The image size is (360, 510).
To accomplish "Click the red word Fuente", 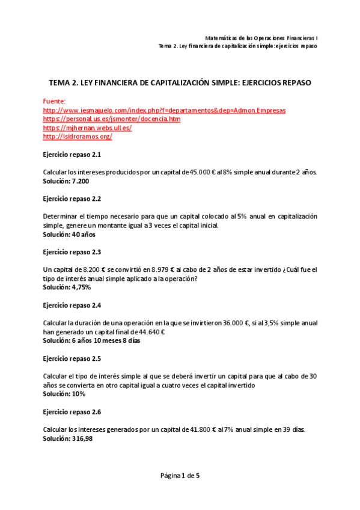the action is (x=55, y=102).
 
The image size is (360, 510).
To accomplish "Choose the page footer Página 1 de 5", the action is (x=180, y=476).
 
